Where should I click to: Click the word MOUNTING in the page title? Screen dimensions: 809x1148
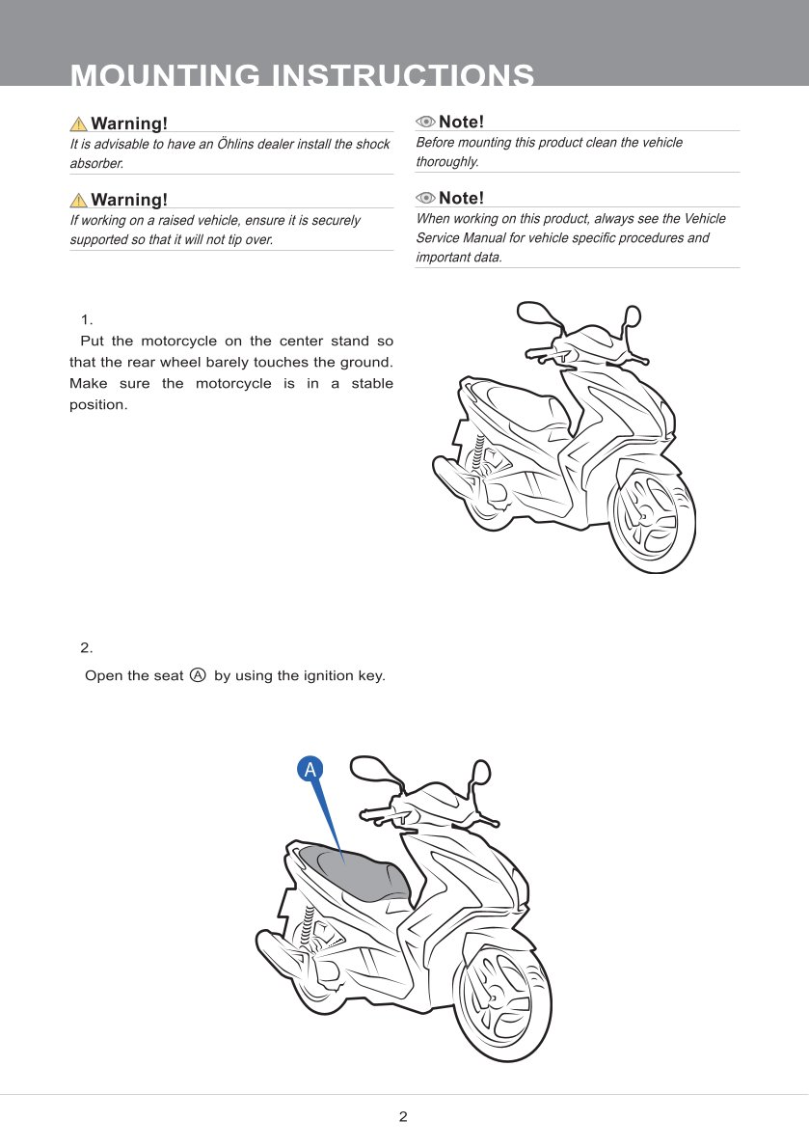[165, 75]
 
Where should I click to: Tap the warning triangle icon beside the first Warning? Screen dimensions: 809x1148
[78, 123]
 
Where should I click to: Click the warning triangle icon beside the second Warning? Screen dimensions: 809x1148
[78, 200]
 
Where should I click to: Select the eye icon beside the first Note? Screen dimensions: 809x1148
[425, 122]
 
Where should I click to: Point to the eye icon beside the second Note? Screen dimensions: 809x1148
[425, 198]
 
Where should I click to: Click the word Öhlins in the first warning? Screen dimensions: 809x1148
[235, 144]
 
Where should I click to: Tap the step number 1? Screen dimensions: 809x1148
[87, 320]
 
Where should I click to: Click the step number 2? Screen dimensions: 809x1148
[87, 648]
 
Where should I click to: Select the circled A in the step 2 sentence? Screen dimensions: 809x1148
[198, 675]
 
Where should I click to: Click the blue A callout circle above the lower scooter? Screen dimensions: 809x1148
[310, 770]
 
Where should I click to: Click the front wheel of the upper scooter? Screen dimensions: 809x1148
[651, 516]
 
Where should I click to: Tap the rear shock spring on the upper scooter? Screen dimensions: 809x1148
[480, 455]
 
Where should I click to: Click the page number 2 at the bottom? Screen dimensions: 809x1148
[403, 1116]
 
